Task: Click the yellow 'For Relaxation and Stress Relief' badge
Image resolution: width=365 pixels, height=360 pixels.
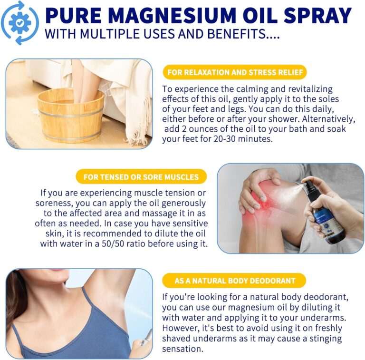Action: [234, 72]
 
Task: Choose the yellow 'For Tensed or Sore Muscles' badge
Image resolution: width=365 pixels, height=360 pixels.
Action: [141, 177]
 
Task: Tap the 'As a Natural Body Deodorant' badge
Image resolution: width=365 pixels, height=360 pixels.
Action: [234, 281]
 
